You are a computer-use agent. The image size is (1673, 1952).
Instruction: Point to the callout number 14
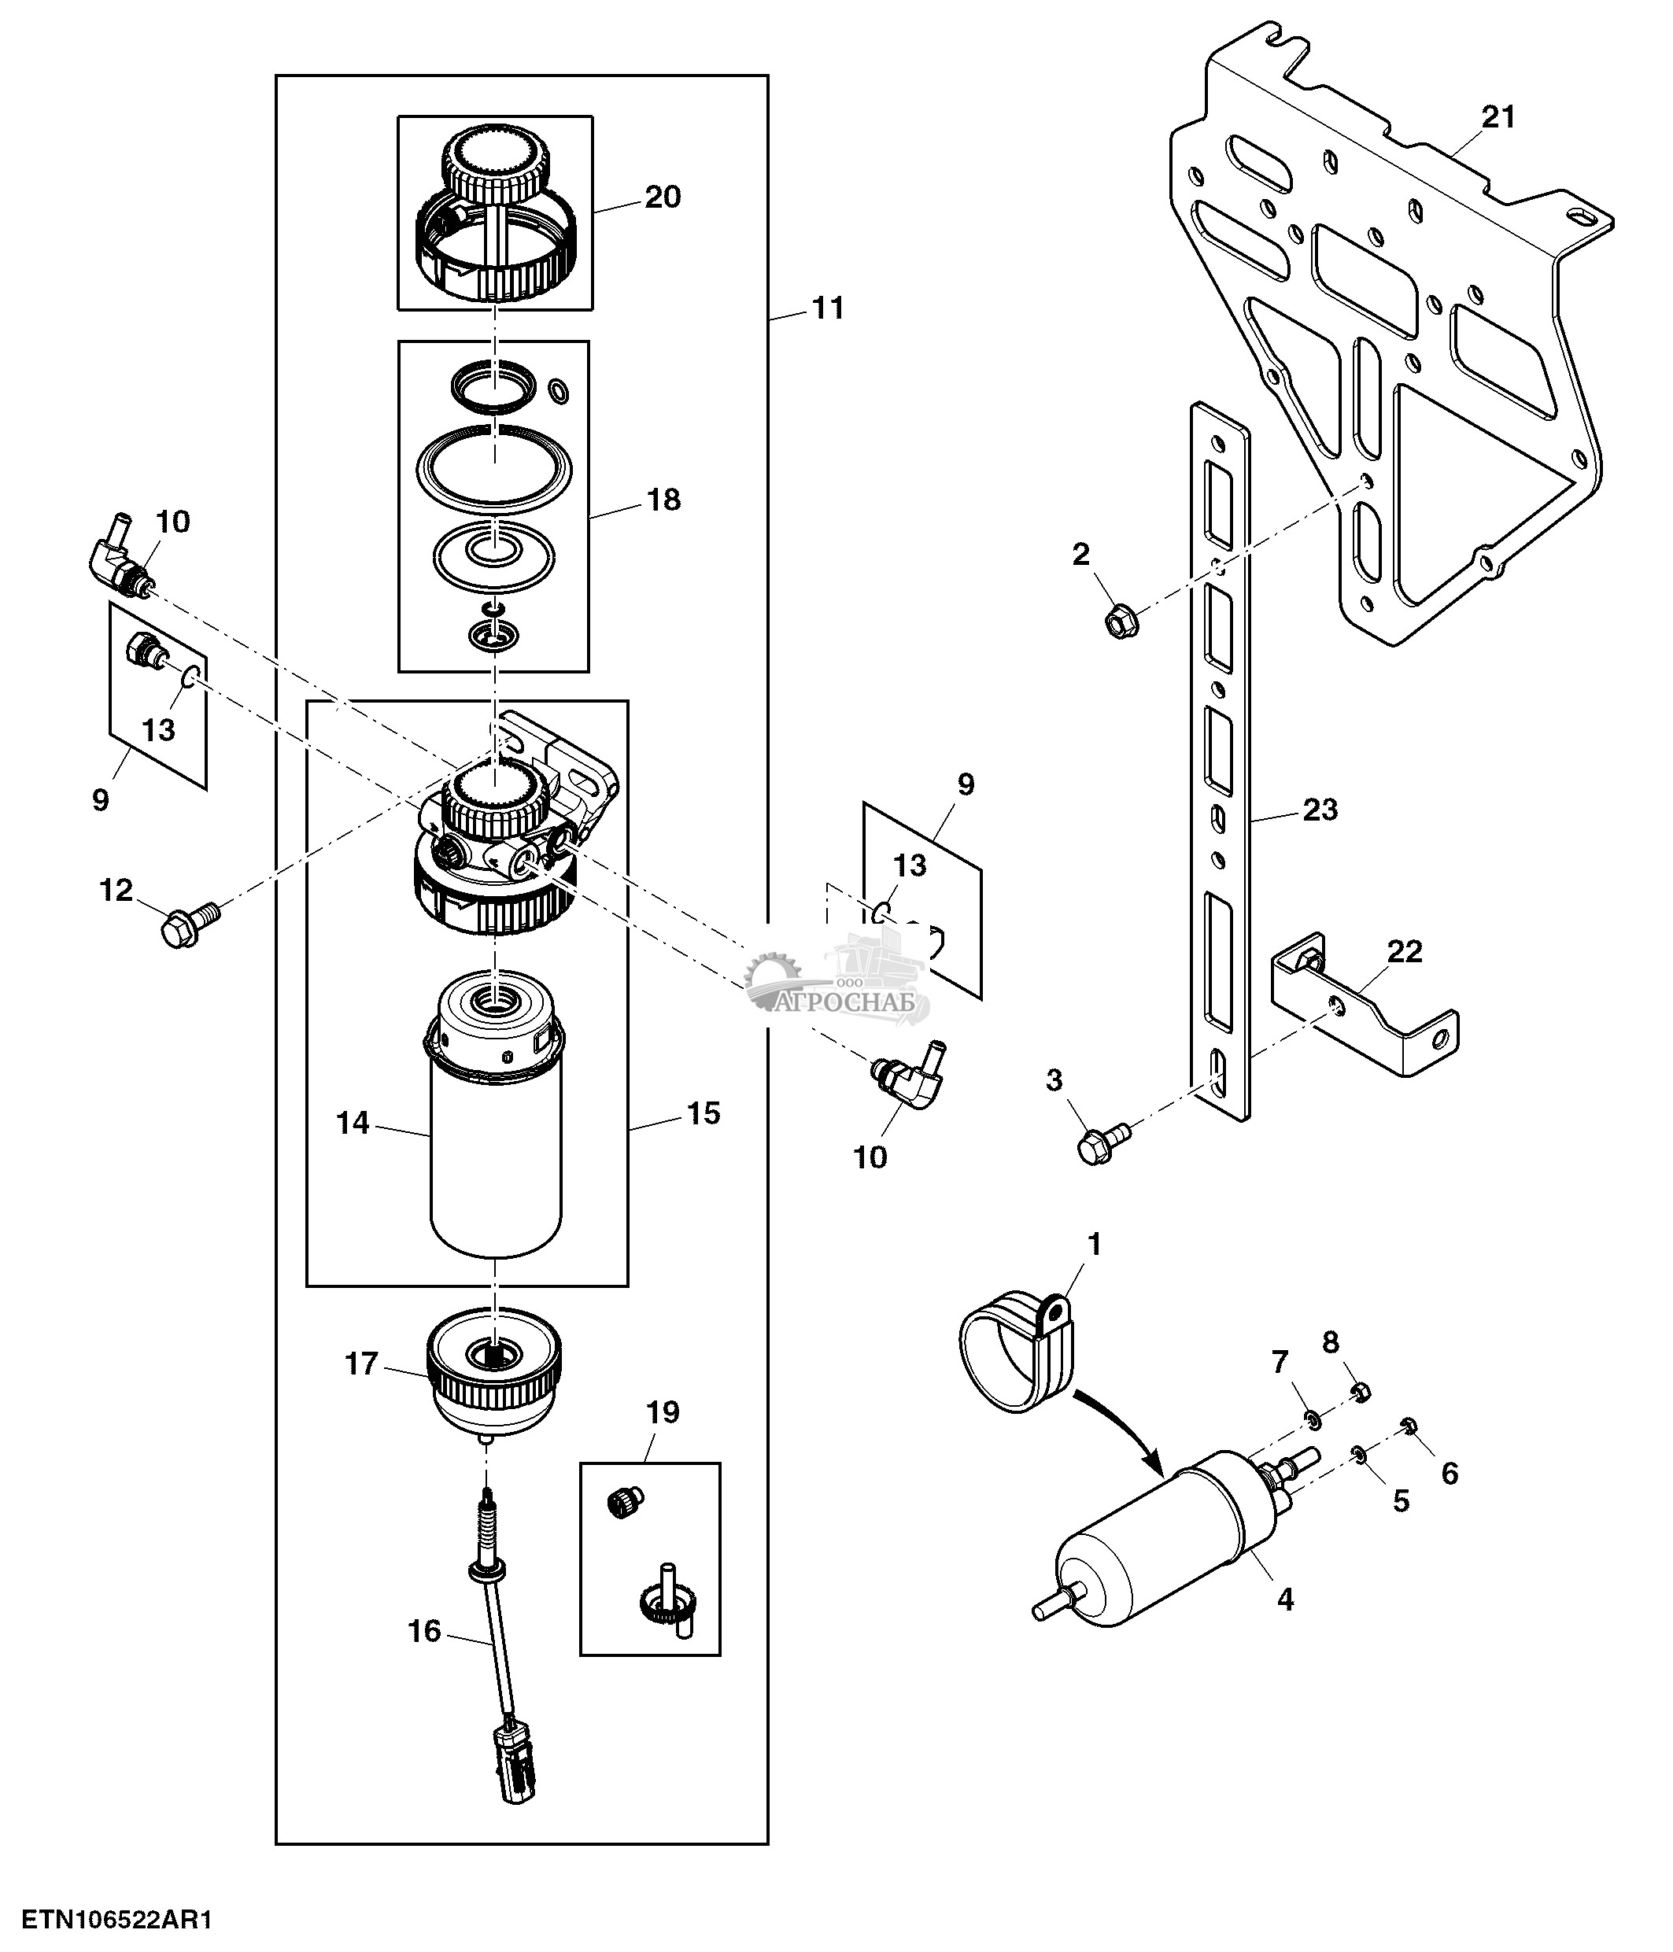point(353,1123)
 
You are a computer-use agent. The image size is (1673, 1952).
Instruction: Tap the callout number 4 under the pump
point(1285,1599)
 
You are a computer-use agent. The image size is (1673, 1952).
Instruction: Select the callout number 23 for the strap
point(1320,810)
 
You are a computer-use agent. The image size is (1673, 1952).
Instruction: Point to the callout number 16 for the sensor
point(424,1631)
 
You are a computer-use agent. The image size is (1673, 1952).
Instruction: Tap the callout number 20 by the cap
point(663,197)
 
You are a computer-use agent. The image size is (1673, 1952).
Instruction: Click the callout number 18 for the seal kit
point(664,500)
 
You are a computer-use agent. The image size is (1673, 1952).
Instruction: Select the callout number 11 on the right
point(828,308)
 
